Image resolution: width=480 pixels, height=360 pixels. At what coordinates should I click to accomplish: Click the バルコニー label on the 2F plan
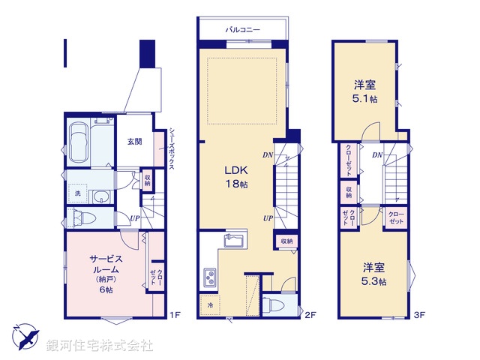[242, 29]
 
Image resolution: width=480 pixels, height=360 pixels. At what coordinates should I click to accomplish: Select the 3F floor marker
[421, 315]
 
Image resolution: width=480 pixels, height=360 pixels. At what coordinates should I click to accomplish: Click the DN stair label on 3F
[377, 155]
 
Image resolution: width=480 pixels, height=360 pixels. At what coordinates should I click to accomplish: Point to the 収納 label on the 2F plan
[287, 241]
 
